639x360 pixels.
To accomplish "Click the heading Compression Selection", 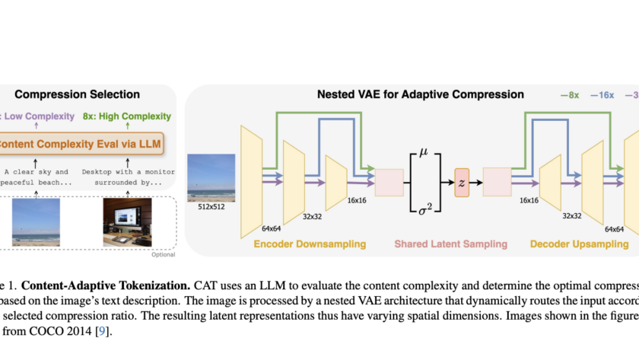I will point(89,94).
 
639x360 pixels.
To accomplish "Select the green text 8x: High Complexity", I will point(126,116).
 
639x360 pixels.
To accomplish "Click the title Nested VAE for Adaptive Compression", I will point(420,95).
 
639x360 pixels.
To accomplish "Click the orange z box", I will point(463,183).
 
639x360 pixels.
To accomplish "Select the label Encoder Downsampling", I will point(310,244).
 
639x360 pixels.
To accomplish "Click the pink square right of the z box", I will point(499,183).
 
